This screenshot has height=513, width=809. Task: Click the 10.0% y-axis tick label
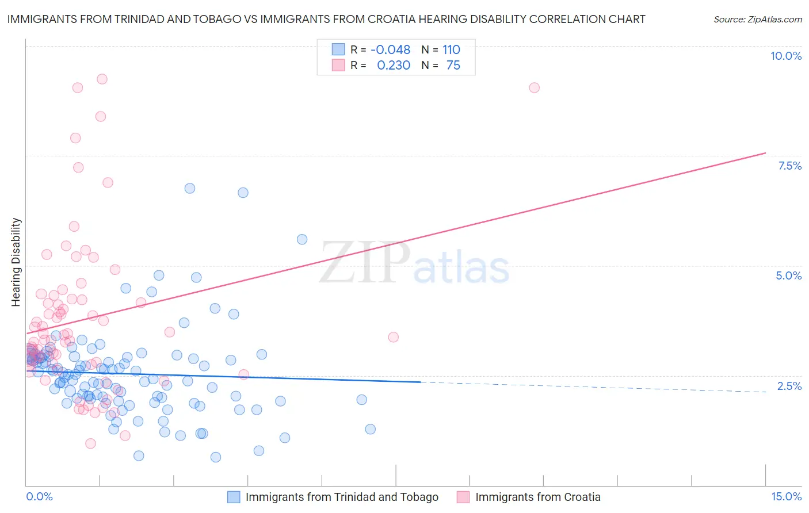click(x=785, y=56)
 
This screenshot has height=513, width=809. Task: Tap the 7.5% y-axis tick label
click(x=789, y=166)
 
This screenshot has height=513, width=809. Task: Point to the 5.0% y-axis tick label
click(x=788, y=275)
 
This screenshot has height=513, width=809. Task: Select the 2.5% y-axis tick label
click(x=789, y=386)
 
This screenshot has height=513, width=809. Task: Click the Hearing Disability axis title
click(x=16, y=262)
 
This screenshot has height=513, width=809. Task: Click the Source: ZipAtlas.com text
click(x=757, y=19)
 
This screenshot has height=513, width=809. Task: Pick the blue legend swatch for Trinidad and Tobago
click(x=234, y=497)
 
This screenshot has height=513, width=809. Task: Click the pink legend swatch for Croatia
click(x=463, y=497)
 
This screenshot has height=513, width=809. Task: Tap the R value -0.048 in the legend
click(x=390, y=50)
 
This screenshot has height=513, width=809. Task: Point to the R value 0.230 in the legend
click(x=394, y=66)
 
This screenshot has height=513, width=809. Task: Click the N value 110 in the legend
click(x=451, y=50)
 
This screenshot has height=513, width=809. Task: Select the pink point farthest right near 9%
click(x=534, y=87)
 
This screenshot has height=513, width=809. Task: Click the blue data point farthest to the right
click(x=370, y=429)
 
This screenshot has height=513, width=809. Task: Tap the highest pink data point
click(x=102, y=79)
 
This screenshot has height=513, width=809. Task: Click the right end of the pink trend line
click(x=765, y=153)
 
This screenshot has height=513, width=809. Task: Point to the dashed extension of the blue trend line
click(x=593, y=387)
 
